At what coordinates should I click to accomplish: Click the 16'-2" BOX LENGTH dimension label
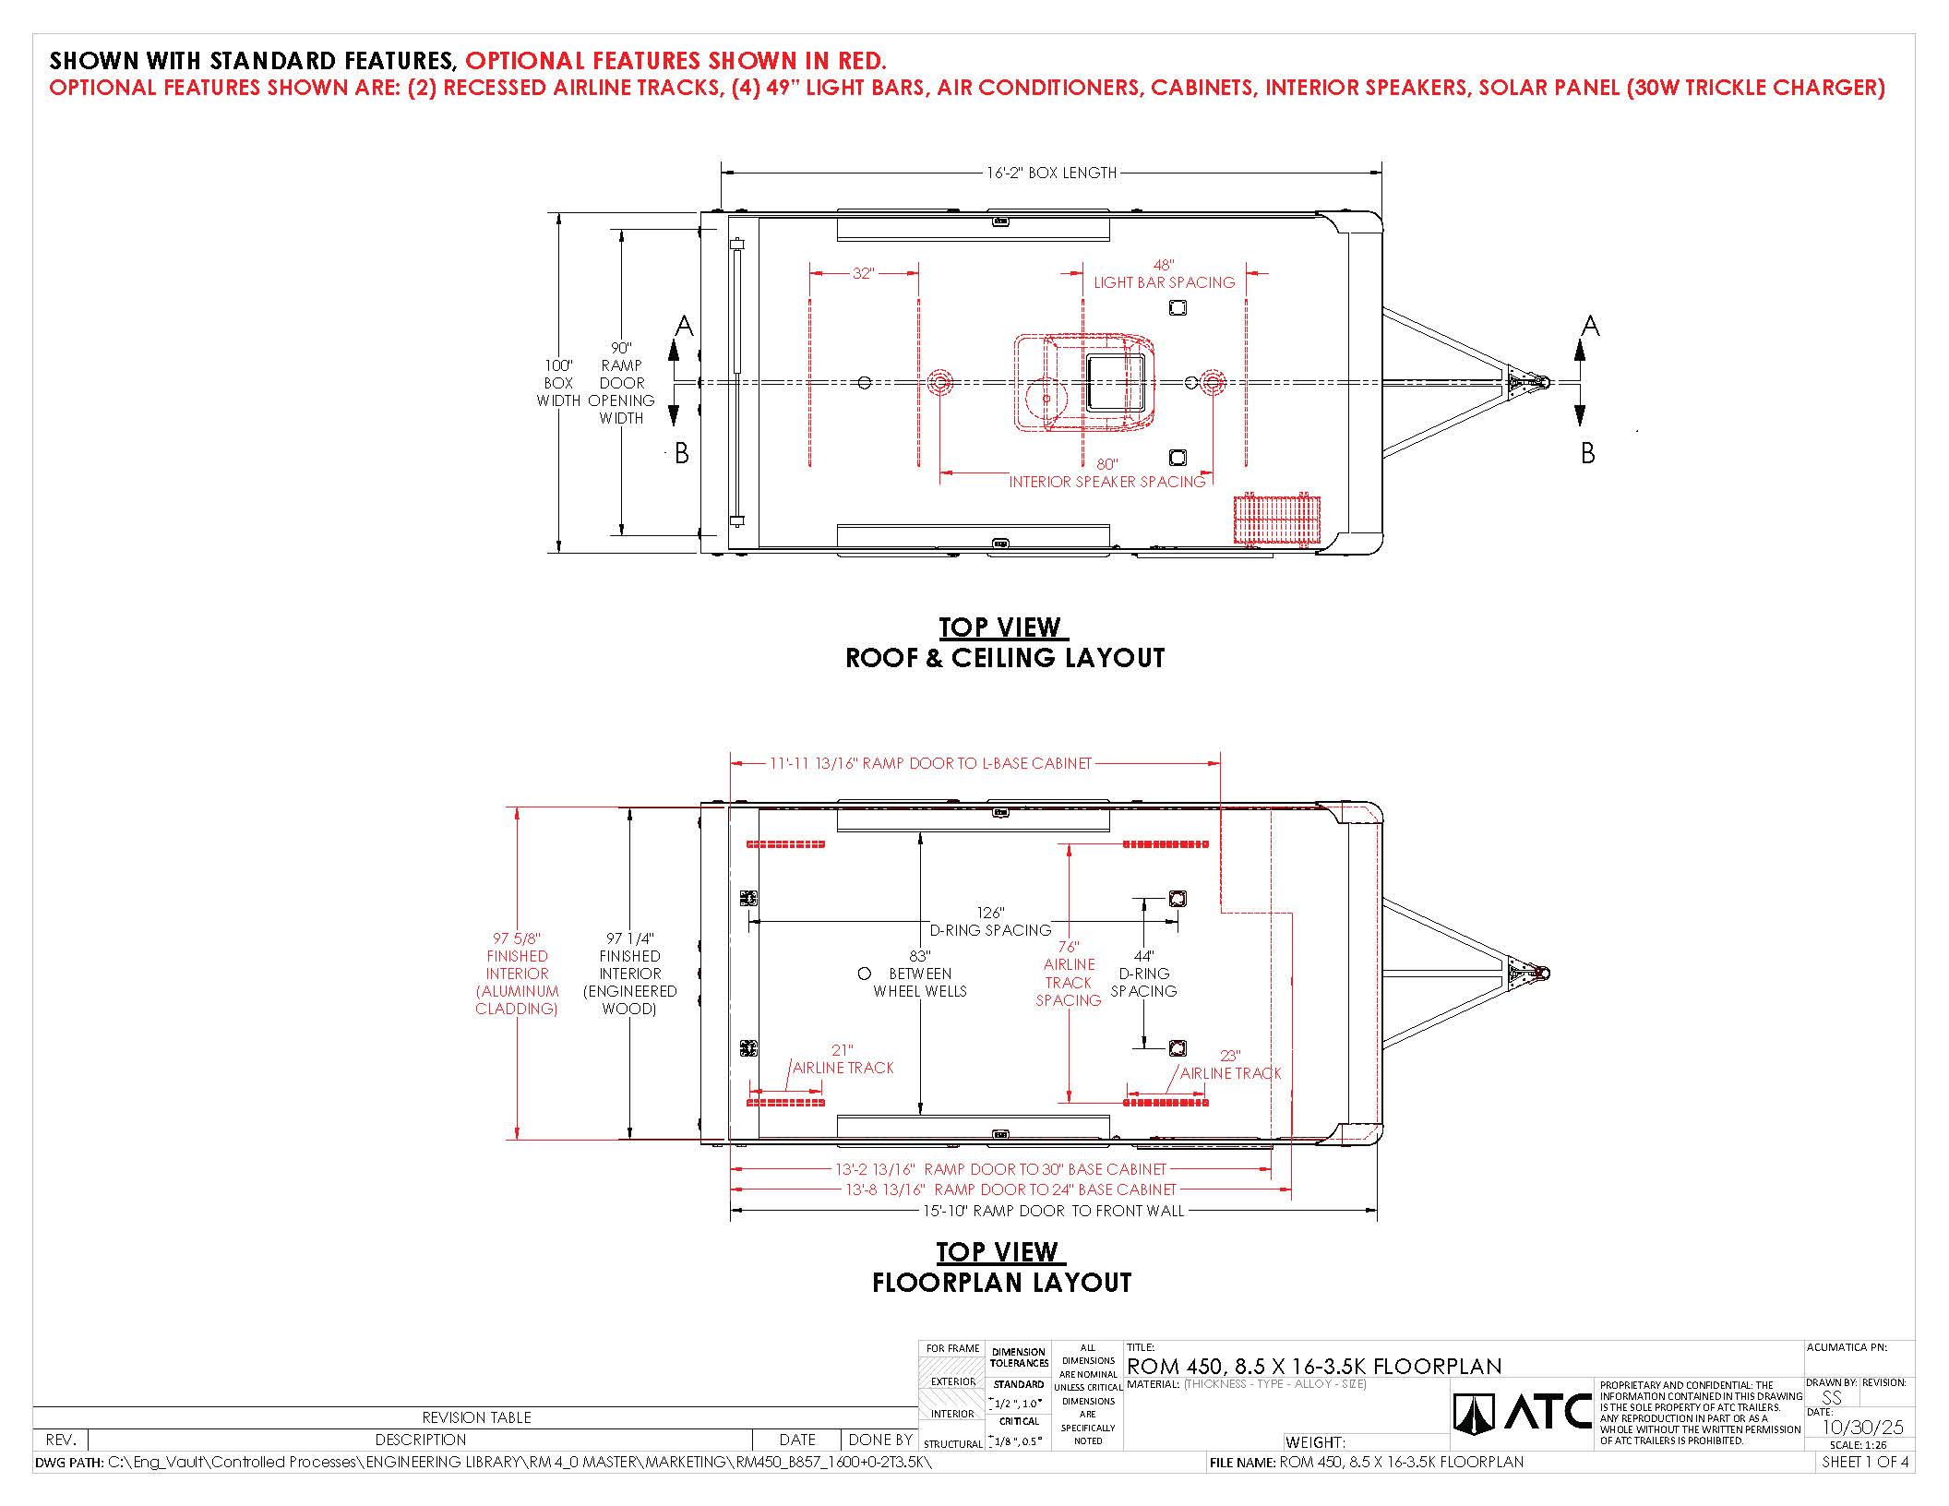[1051, 173]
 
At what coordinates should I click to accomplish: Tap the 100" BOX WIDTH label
[558, 383]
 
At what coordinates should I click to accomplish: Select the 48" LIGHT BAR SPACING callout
[1164, 274]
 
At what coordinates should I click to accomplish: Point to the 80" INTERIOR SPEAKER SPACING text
[1107, 473]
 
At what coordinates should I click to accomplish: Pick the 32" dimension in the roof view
[863, 273]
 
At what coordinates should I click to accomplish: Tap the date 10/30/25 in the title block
[1863, 1427]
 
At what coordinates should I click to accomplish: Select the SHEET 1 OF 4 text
[1865, 1462]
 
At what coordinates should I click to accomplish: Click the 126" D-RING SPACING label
[990, 921]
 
